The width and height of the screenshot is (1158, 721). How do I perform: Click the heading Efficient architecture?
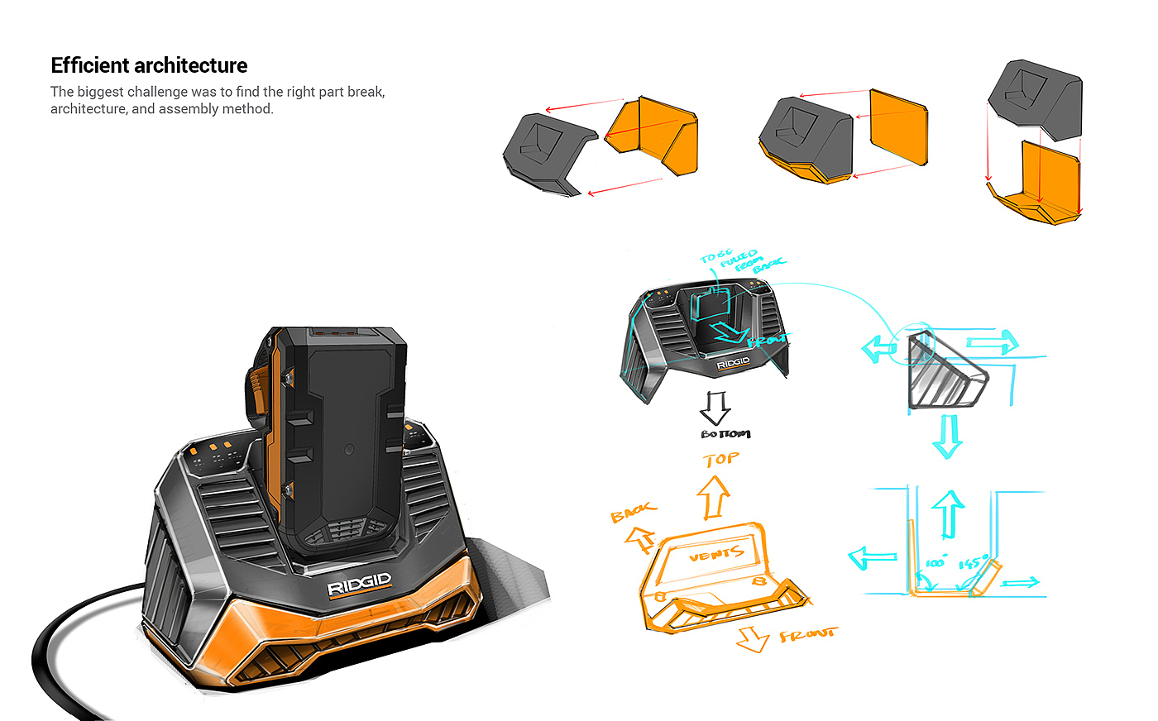coord(149,66)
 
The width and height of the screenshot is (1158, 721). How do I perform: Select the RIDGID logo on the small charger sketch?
coord(733,363)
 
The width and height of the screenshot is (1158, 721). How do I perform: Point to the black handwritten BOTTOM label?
coord(725,434)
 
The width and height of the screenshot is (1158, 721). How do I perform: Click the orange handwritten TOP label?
coord(721,459)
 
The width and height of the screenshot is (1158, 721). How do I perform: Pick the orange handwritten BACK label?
coord(634,512)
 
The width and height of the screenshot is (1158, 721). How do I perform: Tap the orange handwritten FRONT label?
coord(807,635)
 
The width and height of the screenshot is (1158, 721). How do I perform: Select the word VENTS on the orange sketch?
coord(716,554)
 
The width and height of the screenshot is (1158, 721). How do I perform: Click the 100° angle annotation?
coord(935,563)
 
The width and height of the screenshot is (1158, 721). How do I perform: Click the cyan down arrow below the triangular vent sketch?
coord(947,436)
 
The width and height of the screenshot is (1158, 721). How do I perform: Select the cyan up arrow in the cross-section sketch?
coord(949,513)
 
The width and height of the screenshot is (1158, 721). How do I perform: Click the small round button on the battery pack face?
coord(348,451)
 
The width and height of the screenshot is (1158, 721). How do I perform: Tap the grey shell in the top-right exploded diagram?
coord(1034,99)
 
